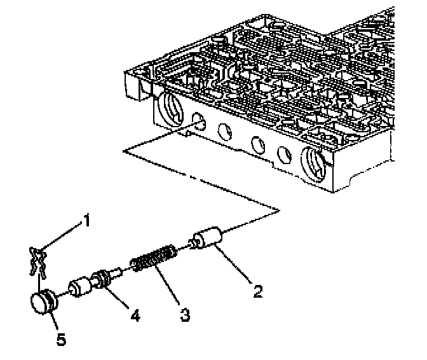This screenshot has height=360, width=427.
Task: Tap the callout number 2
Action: (257, 292)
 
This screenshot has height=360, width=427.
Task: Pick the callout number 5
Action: (60, 340)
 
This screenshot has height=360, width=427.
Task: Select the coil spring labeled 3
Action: (153, 260)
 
